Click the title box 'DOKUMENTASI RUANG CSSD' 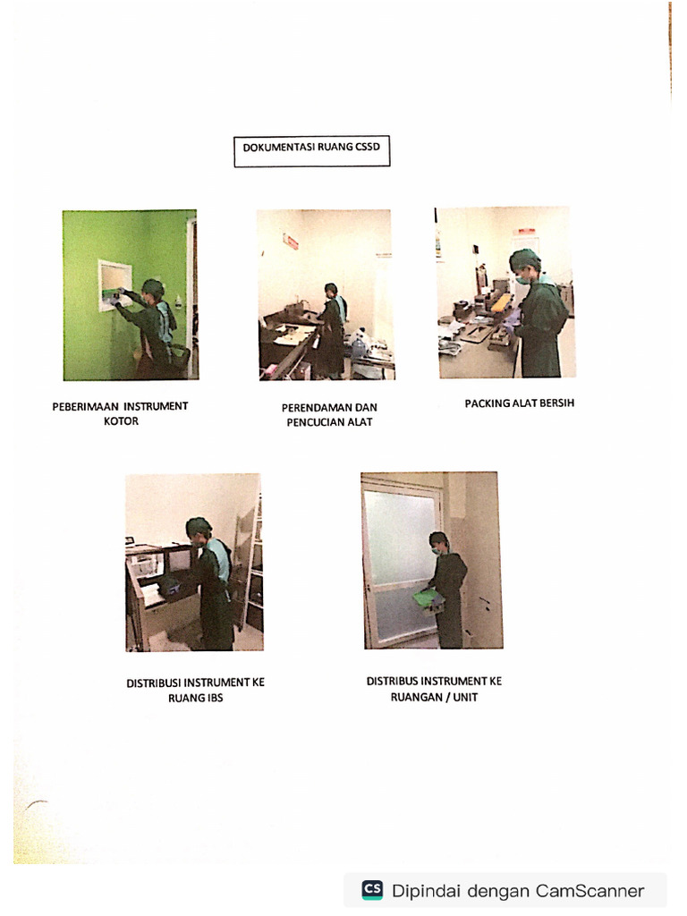(312, 152)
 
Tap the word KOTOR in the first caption (121, 421)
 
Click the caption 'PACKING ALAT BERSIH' (519, 403)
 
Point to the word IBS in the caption (211, 698)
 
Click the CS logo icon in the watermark (372, 890)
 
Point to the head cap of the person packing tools (524, 260)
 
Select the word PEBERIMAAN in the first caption (85, 406)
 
